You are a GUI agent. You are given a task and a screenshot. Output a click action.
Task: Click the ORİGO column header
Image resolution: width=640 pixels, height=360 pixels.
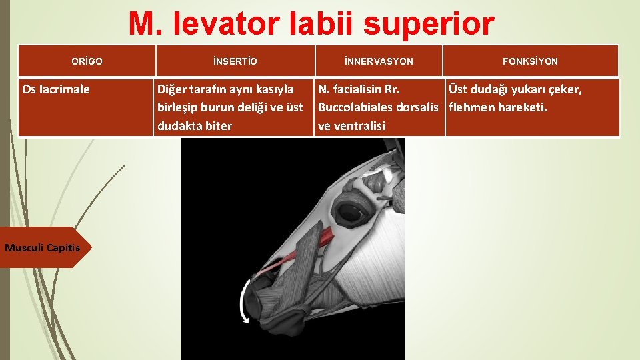coord(87,61)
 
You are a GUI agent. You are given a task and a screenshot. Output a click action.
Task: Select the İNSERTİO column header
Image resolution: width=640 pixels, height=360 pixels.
coord(235,61)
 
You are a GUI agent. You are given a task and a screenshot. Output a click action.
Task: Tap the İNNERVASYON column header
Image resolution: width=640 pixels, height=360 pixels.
coord(379,61)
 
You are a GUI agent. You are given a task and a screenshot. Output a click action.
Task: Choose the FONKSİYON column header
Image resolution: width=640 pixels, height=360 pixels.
coord(531,61)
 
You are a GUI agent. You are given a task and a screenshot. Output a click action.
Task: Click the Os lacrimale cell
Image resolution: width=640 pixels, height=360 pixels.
coord(56,89)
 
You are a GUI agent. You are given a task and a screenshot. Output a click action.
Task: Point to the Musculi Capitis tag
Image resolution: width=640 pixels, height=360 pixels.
coord(42,248)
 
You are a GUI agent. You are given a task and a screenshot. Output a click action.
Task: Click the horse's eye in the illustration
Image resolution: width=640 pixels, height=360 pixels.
coord(349,213)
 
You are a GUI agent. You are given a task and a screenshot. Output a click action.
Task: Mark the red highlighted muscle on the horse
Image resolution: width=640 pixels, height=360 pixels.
coord(307,249)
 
